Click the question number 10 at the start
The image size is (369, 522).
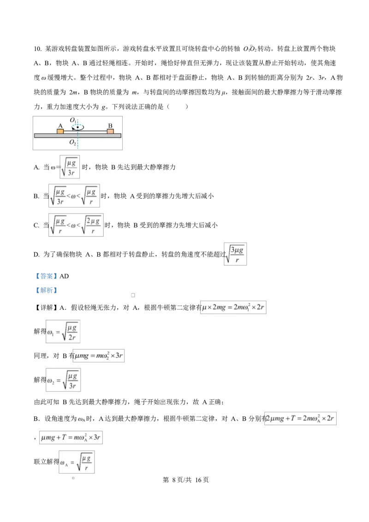(x=37, y=49)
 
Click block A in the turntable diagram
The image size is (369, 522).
(x=60, y=131)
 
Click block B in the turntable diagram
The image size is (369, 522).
(x=110, y=131)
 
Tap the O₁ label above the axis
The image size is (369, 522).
(x=73, y=120)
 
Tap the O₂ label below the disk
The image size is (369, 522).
(x=72, y=142)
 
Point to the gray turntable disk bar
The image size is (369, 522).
(x=77, y=136)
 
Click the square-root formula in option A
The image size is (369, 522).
(x=70, y=167)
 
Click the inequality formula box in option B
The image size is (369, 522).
(x=74, y=196)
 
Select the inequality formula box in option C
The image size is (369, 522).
(x=76, y=225)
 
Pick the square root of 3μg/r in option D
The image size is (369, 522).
(x=235, y=254)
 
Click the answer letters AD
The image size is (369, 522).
(x=64, y=276)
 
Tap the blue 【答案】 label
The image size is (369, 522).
(x=46, y=276)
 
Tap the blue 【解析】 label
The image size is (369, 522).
(x=46, y=291)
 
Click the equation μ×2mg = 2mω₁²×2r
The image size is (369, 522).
(x=233, y=307)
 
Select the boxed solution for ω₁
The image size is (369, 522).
(x=63, y=332)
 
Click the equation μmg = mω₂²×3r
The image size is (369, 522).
(x=99, y=356)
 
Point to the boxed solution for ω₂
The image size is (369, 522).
(x=63, y=380)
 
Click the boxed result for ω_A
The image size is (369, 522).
(x=77, y=462)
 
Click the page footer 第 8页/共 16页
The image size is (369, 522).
(x=186, y=480)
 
